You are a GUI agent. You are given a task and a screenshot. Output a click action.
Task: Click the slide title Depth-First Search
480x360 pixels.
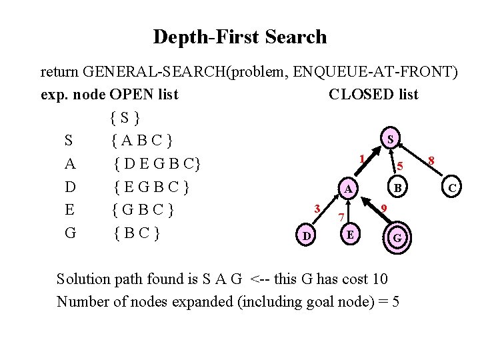point(240,37)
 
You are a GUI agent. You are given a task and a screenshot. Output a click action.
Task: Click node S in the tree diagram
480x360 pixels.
point(391,139)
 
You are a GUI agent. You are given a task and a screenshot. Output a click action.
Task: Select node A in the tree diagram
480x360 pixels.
point(348,189)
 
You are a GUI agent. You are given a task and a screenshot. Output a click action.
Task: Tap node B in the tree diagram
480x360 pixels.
point(398,188)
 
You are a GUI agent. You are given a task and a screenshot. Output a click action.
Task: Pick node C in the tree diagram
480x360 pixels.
point(451,189)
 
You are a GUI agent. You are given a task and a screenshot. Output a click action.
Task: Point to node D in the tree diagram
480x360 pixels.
point(306,235)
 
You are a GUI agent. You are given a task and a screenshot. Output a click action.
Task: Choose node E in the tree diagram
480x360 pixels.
point(350,234)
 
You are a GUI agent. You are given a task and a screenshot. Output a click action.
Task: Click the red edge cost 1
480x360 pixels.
point(361,159)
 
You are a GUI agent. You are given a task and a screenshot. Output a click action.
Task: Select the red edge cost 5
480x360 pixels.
point(400,165)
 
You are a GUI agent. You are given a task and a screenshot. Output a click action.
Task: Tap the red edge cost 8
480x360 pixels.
point(432,160)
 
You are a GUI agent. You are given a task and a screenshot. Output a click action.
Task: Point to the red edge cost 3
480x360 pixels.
point(319,208)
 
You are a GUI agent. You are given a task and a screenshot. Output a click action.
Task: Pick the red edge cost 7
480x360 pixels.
point(341,217)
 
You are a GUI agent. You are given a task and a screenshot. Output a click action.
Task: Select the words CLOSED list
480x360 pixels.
point(373,95)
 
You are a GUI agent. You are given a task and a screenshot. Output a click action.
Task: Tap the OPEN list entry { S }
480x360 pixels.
point(125,119)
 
